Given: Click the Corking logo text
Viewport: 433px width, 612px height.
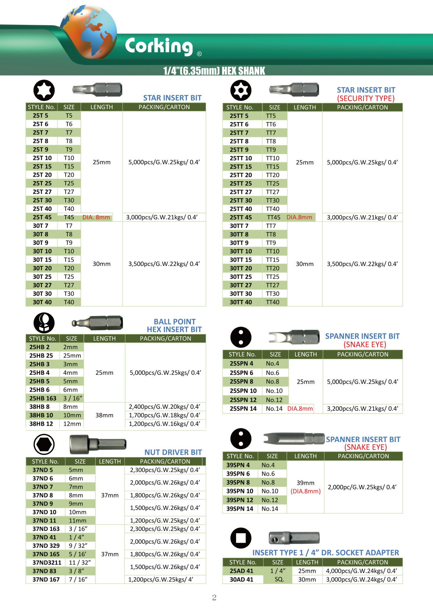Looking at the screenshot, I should coord(159,46).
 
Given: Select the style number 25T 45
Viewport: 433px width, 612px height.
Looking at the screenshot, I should coord(42,217).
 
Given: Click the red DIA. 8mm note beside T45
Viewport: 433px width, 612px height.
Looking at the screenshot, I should coord(96,217).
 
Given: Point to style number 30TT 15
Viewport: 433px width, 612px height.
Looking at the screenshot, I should coord(240,260).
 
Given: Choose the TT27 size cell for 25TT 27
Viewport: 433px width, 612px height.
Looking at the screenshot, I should coord(272,192).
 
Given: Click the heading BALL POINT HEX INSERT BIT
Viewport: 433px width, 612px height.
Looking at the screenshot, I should coord(174,325).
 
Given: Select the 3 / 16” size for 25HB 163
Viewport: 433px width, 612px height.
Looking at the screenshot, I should coord(72,398).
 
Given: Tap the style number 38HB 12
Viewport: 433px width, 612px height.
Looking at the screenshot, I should coord(41,424).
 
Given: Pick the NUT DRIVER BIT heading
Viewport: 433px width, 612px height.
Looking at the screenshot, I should coord(173,452).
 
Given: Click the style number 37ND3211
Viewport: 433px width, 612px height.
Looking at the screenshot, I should coord(47,562).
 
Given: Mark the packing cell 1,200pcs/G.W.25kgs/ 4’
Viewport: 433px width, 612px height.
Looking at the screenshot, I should coord(161,579).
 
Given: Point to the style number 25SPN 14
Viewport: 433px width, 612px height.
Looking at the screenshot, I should coord(243,409).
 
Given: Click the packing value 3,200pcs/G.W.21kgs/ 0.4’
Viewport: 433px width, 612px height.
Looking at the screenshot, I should coord(362,409).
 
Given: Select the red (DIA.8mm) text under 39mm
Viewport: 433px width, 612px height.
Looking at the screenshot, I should coord(305,491).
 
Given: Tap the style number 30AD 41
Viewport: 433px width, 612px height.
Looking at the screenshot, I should coord(241,579).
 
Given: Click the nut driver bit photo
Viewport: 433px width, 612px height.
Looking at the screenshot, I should coord(98,444).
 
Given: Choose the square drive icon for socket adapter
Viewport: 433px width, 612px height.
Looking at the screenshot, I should coord(241,538).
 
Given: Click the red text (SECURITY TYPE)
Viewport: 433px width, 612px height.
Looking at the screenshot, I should coord(366,99).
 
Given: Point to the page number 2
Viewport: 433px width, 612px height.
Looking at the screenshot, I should coord(214,597).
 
